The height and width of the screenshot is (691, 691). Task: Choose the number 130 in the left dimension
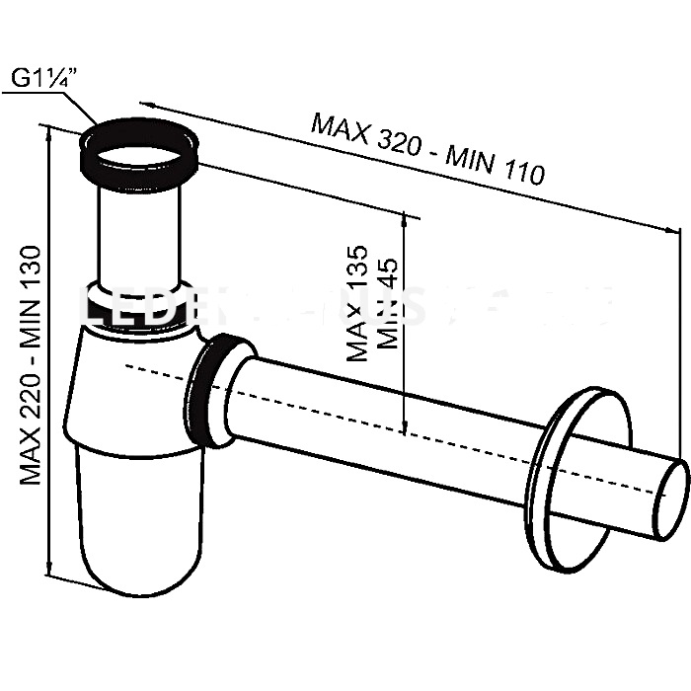click(31, 266)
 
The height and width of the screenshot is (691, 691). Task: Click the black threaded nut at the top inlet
click(140, 154)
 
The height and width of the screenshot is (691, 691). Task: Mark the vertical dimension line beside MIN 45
click(406, 326)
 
